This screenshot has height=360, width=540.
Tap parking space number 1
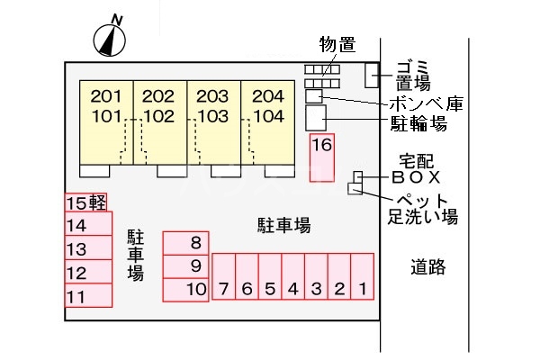(x=363, y=276)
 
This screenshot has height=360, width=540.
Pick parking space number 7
(x=223, y=276)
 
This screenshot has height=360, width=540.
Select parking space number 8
(x=186, y=243)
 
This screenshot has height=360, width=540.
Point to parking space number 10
(x=186, y=289)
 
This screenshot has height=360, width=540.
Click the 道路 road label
(x=429, y=266)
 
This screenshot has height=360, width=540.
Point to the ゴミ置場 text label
(x=415, y=73)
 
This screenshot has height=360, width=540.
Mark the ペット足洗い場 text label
(x=423, y=208)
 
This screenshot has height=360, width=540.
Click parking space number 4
(x=292, y=276)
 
